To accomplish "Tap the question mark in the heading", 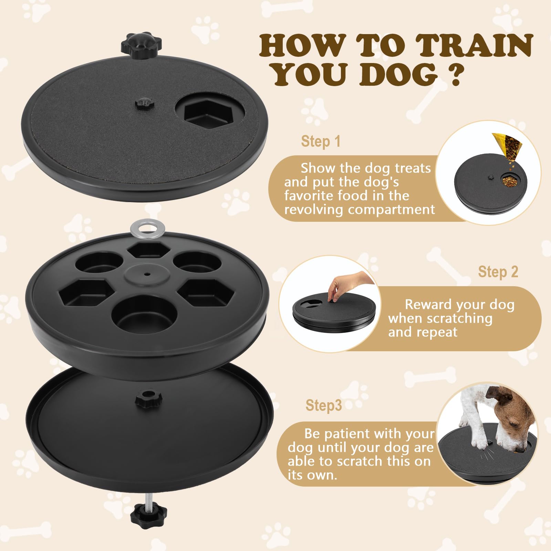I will [x=455, y=75].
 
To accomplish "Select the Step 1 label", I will [x=321, y=142].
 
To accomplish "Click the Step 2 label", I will [x=498, y=272].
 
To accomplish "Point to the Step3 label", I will [x=323, y=405].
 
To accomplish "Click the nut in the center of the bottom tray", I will [x=149, y=399].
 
